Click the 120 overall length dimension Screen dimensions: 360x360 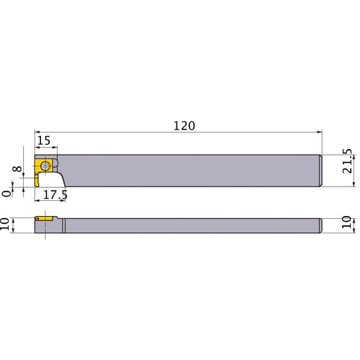point(184,125)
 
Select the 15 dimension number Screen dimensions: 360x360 point(43,142)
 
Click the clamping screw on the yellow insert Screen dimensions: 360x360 point(46,165)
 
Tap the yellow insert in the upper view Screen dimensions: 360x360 point(41,171)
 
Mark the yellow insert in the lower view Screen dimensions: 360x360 point(45,217)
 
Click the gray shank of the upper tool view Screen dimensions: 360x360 point(187,169)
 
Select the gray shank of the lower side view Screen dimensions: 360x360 point(187,225)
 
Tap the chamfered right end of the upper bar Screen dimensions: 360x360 point(320,169)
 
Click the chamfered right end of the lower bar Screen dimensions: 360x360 point(320,225)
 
